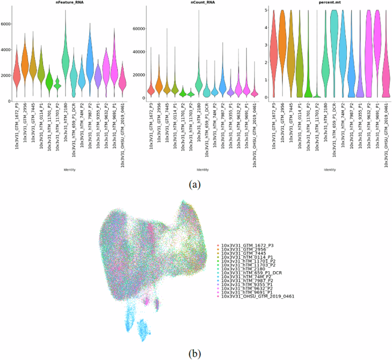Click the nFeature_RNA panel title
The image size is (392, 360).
point(69,3)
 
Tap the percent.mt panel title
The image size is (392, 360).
point(331,3)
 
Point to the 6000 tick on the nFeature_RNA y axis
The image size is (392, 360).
point(5,24)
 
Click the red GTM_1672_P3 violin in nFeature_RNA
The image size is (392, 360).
point(17,72)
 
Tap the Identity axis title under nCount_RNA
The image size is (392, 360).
point(202,170)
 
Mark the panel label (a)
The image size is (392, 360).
point(196,184)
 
